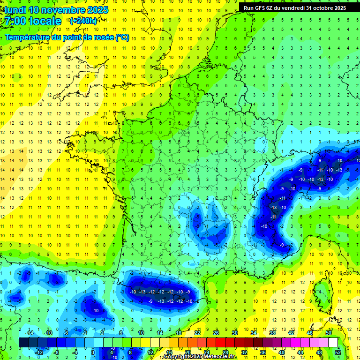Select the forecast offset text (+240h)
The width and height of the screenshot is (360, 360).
coord(83,21)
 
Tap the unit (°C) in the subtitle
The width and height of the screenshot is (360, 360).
coord(122,37)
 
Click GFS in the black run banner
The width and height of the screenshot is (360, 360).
coord(261,8)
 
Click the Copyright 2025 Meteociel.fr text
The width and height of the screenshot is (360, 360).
coord(200,357)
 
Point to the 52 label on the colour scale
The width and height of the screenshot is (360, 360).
coord(338,352)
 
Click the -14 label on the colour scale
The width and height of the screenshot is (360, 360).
coord(29,333)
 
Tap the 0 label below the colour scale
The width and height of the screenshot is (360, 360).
coord(93,352)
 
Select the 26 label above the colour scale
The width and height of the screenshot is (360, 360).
coord(216,333)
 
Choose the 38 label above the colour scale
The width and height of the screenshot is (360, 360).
coord(272,333)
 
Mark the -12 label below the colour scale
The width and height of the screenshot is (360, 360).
coord(38,352)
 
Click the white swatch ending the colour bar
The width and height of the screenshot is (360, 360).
coord(333,342)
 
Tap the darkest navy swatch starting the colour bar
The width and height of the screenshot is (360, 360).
coord(24,342)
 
